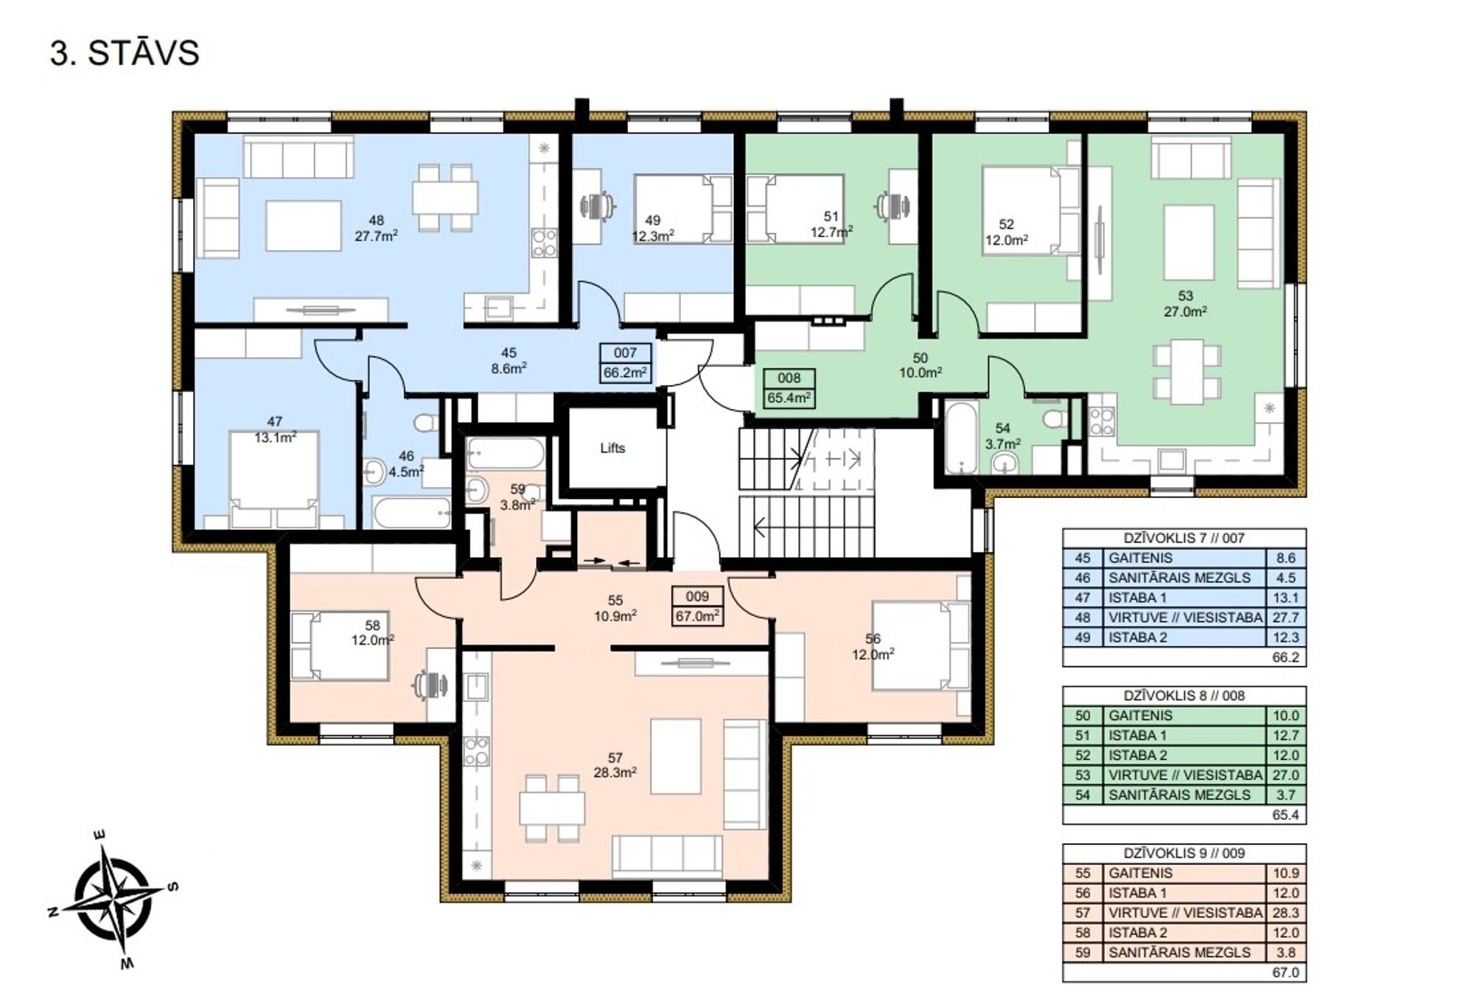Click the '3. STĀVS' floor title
tap(125, 53)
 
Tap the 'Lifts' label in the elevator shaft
tap(612, 448)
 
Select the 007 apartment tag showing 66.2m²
tap(626, 363)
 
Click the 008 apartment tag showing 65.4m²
tap(789, 388)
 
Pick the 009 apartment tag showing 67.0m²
tap(697, 606)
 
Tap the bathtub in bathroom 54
tap(960, 438)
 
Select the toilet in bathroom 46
tap(426, 422)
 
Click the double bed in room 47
tap(274, 479)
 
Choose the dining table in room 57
tap(552, 808)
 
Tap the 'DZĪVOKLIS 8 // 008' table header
tap(1184, 696)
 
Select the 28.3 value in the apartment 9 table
tap(1285, 913)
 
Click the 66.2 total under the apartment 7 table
tap(1285, 657)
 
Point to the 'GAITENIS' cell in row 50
tap(1140, 715)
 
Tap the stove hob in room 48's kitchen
tap(544, 242)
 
